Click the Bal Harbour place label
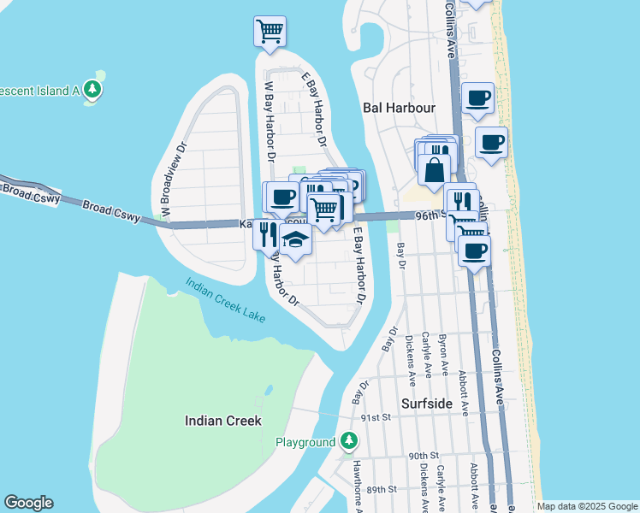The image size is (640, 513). click(399, 108)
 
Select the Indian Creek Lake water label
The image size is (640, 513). click(226, 300)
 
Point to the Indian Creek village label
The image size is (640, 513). click(223, 421)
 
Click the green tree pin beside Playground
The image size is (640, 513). click(348, 442)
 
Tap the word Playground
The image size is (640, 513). click(305, 443)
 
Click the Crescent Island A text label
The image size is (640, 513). click(39, 90)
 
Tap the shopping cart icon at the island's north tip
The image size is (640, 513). click(270, 31)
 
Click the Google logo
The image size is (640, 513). click(28, 503)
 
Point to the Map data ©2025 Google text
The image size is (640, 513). click(587, 506)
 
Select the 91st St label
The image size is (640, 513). click(375, 417)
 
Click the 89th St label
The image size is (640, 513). click(381, 489)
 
